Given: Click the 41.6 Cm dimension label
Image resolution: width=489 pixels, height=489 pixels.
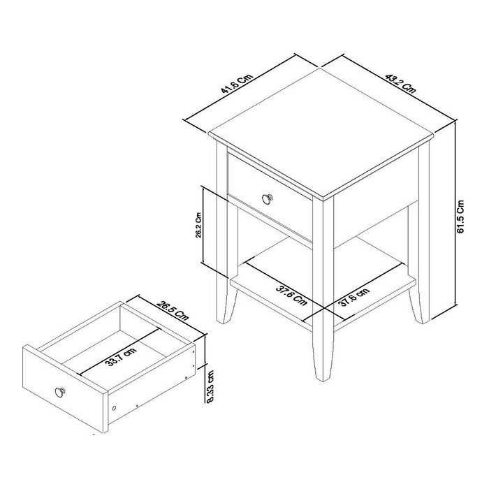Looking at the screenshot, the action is tap(236, 85).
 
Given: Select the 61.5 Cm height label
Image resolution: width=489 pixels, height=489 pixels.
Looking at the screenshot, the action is tap(460, 216).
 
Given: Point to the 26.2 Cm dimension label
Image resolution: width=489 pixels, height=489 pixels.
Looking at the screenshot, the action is tap(198, 226).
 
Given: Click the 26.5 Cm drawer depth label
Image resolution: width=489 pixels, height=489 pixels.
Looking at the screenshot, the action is tap(173, 310).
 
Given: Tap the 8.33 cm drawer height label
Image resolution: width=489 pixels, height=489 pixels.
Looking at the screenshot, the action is tap(210, 387).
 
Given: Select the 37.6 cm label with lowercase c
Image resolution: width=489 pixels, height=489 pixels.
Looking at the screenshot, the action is tap(353, 297).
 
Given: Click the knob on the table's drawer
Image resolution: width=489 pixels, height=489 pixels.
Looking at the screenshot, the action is tap(267, 198).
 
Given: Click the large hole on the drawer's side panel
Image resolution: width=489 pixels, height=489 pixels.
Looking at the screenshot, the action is tap(114, 407).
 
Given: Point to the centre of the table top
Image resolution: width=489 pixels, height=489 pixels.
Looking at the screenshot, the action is tap(321, 133).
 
